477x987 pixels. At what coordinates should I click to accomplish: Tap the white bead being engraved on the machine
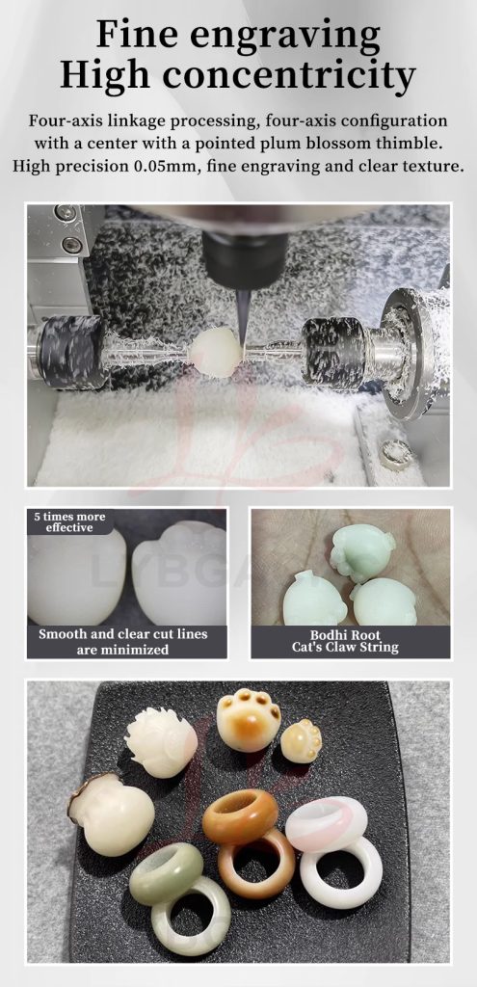217,353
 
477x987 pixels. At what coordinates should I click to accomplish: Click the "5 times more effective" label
69,522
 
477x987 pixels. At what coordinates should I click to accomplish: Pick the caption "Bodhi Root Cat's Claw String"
345,642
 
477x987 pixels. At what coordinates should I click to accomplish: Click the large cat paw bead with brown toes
249,719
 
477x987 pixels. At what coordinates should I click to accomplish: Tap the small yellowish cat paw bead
301,741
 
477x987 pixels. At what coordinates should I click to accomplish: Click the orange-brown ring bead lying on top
240,816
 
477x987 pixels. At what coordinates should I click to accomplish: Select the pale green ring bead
166,873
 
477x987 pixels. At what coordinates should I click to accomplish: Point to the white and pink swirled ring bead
327,823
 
